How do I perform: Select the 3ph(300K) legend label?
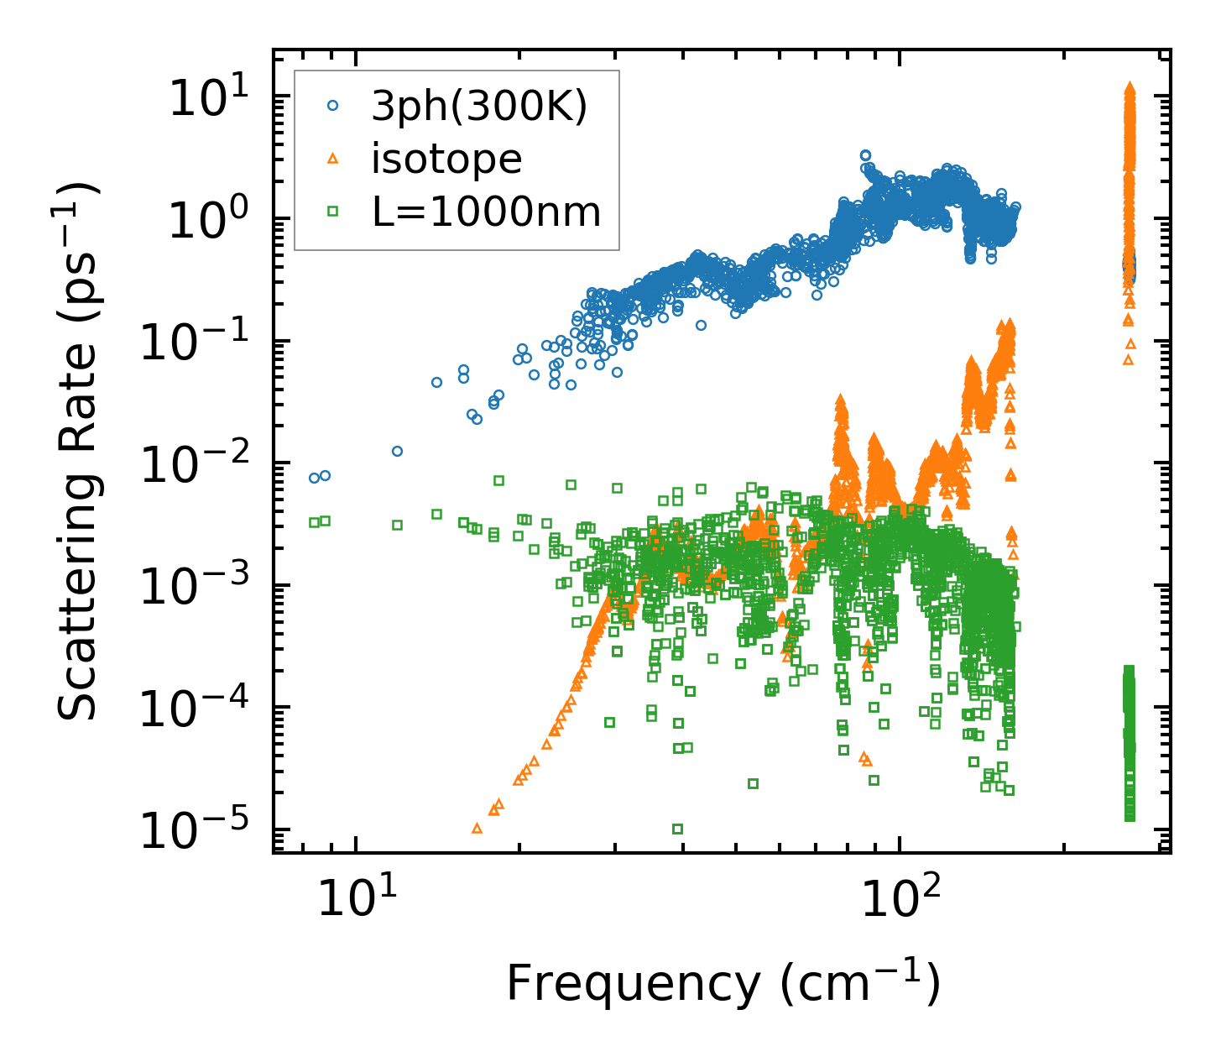coord(479,107)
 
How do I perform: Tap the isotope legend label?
coord(446,159)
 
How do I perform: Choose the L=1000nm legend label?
coord(486,212)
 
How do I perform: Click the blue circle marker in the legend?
coord(333,106)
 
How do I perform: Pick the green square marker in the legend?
coord(333,211)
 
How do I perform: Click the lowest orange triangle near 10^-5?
coord(477,828)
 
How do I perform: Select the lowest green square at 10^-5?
coord(677,829)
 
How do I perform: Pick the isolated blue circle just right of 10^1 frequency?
coord(397,451)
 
